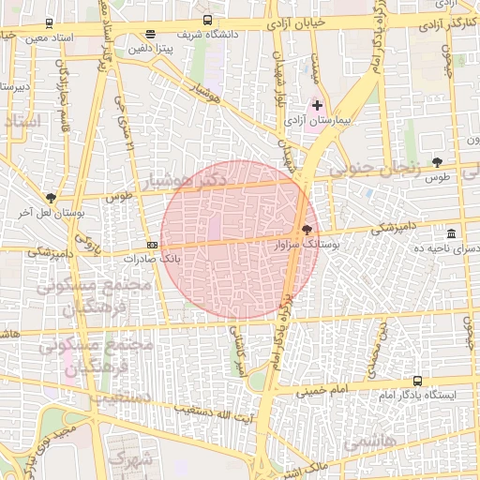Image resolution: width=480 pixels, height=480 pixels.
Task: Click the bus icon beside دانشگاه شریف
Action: [207, 19]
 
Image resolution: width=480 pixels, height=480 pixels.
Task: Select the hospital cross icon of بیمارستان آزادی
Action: [317, 105]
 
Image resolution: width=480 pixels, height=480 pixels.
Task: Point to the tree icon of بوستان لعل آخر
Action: [50, 199]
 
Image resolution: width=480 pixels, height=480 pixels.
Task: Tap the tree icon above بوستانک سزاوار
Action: [307, 229]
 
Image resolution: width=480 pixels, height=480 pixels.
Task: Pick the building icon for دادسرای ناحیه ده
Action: [452, 233]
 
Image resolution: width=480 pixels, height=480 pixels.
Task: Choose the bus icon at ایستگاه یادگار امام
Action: [417, 382]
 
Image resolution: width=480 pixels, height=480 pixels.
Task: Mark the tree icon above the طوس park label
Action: [437, 162]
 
